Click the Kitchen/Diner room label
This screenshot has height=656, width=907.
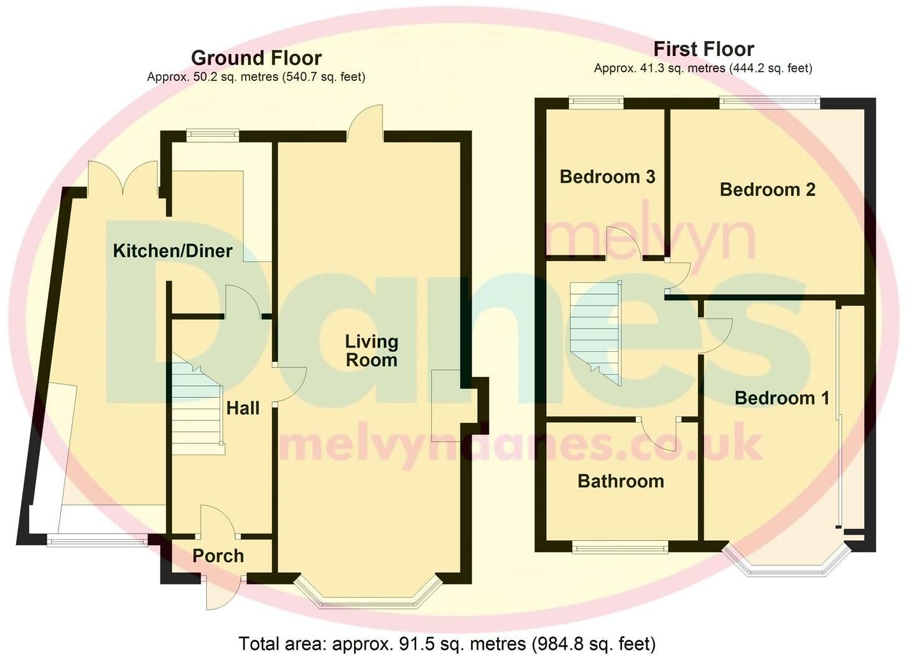tap(172, 251)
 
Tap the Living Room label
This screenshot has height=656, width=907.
tap(371, 351)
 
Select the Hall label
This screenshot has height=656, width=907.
tap(243, 409)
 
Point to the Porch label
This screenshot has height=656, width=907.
tap(218, 556)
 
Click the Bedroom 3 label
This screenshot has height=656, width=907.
tap(607, 177)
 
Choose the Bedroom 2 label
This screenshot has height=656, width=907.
tap(767, 190)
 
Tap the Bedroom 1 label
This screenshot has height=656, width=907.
tap(782, 398)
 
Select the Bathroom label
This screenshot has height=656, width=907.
tap(621, 481)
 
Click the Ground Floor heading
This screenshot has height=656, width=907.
tap(256, 58)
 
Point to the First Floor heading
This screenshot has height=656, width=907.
tap(704, 49)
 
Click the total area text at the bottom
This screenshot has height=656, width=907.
tap(447, 643)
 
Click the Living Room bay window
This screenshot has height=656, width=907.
tap(368, 593)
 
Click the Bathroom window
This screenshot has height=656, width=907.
tap(620, 547)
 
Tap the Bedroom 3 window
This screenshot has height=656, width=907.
tap(596, 103)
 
